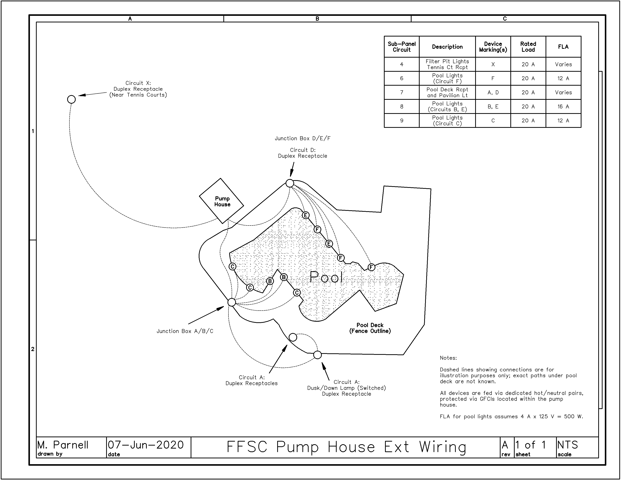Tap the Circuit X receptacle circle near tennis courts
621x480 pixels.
pyautogui.click(x=71, y=99)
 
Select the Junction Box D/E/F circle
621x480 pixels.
pyautogui.click(x=290, y=183)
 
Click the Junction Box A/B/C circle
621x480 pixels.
pyautogui.click(x=232, y=302)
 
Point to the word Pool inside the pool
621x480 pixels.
pyautogui.click(x=326, y=277)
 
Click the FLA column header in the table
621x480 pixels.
pyautogui.click(x=563, y=47)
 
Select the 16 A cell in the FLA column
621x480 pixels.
pyautogui.click(x=563, y=107)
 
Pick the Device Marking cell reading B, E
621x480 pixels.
pyautogui.click(x=493, y=107)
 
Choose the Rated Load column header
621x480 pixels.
pyautogui.click(x=528, y=47)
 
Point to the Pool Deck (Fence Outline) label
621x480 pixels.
pyautogui.click(x=370, y=328)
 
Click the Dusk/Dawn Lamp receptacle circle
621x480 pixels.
pyautogui.click(x=317, y=355)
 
